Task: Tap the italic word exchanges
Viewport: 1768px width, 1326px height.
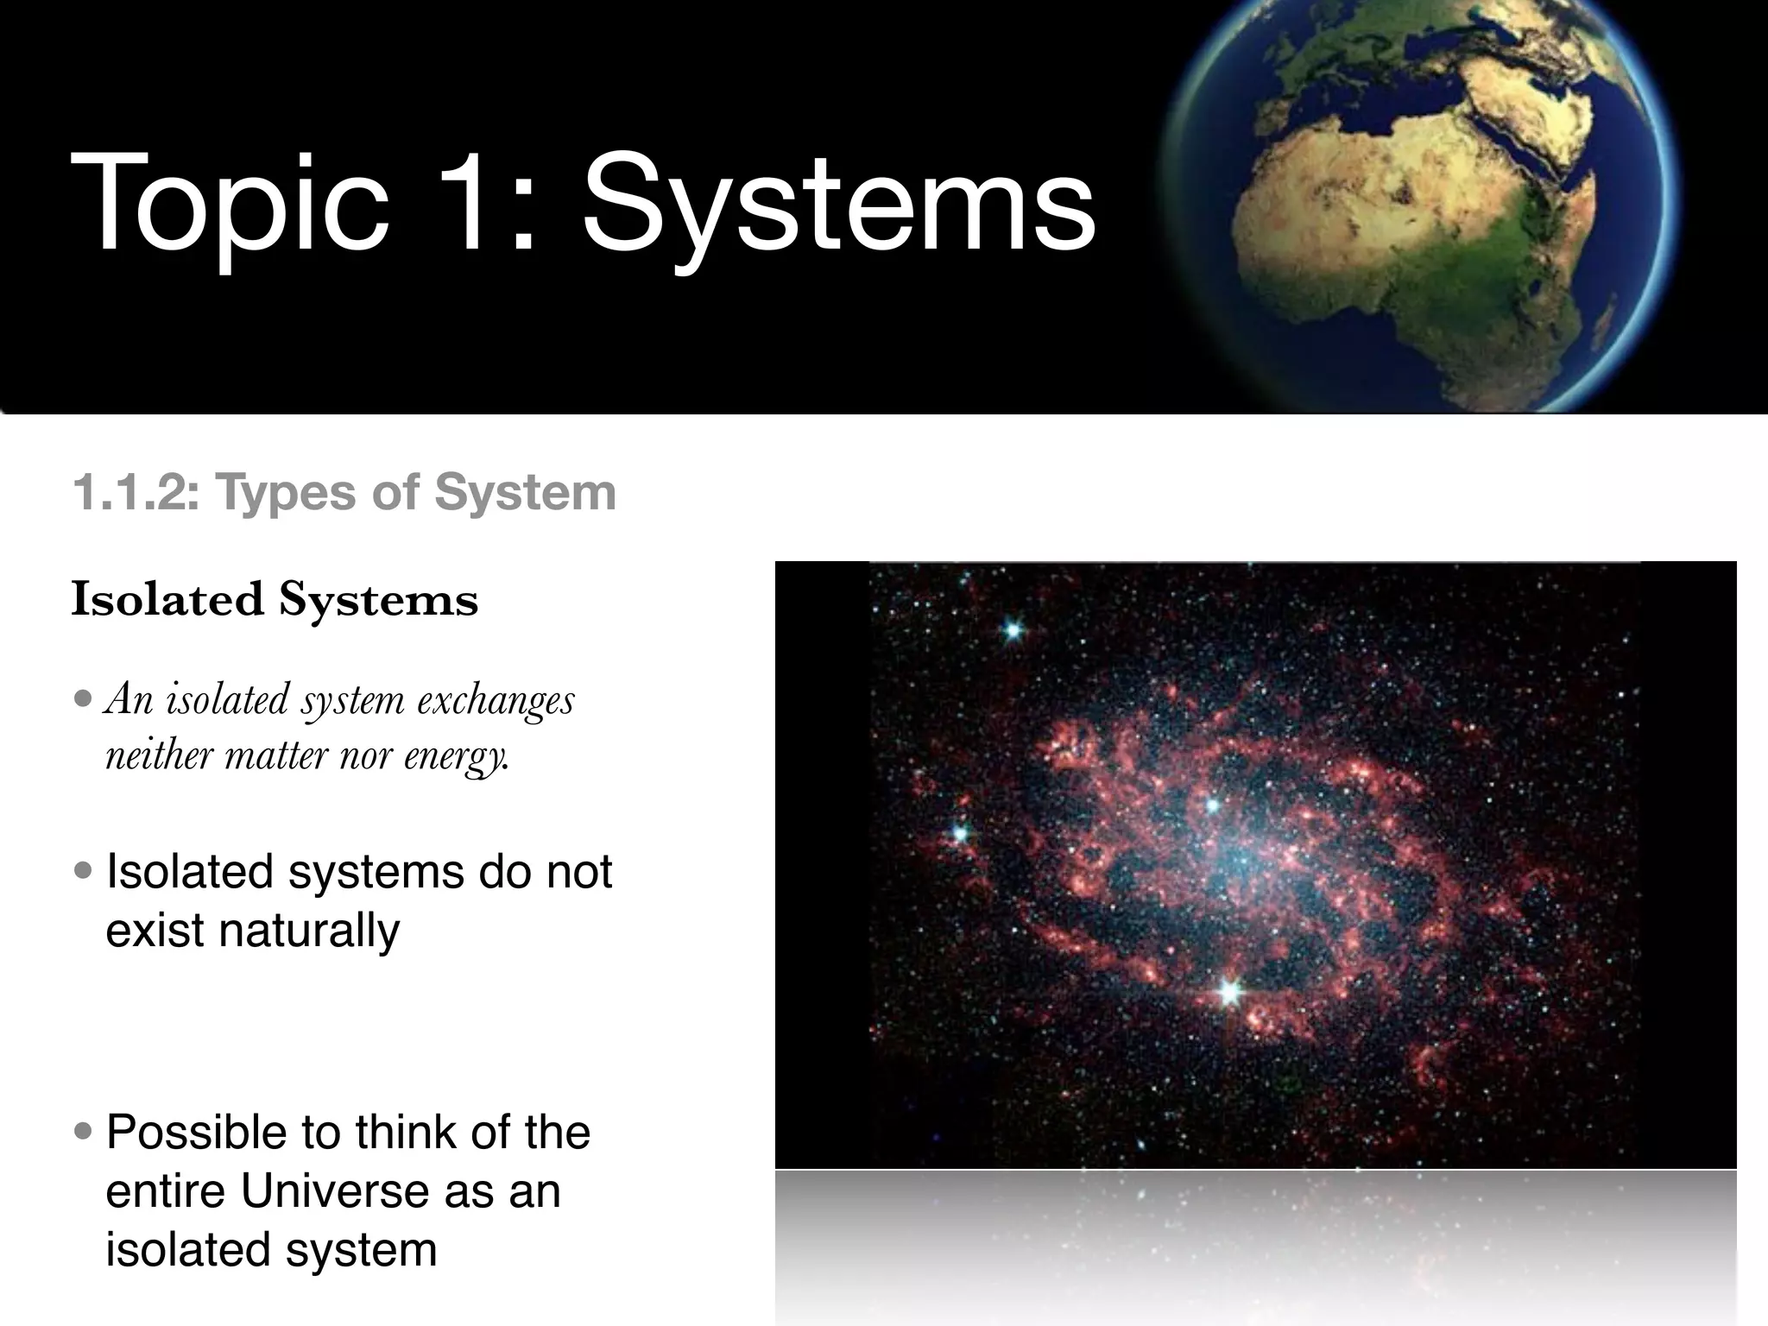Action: tap(496, 699)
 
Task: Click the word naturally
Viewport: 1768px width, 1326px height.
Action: tap(253, 931)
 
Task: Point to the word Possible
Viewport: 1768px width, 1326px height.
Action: tap(197, 1133)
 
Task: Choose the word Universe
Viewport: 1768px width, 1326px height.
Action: tap(335, 1191)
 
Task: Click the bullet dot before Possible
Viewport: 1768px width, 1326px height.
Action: tap(84, 1131)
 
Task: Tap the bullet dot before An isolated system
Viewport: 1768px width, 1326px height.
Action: tap(84, 698)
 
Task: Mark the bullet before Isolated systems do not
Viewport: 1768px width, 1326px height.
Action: tap(84, 870)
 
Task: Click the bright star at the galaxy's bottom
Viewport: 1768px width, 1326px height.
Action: tap(1229, 993)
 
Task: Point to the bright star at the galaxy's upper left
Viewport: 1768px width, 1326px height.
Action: tap(1013, 630)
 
